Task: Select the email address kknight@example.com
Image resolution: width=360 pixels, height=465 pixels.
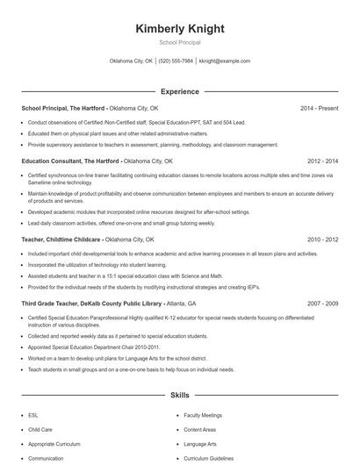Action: click(x=225, y=61)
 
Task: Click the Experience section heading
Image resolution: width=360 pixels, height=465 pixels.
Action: click(x=179, y=91)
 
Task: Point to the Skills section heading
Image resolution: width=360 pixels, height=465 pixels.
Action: click(x=179, y=396)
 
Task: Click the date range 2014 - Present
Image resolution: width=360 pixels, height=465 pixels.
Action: click(x=319, y=108)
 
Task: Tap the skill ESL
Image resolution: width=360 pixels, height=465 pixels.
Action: click(x=33, y=415)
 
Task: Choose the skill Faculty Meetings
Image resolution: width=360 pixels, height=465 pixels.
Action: click(x=203, y=415)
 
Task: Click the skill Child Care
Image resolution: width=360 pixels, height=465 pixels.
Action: click(x=40, y=430)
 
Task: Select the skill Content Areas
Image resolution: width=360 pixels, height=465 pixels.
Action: click(x=199, y=430)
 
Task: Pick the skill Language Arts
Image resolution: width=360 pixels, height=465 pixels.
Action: click(x=200, y=444)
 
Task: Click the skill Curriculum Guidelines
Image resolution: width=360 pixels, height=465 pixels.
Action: click(x=209, y=458)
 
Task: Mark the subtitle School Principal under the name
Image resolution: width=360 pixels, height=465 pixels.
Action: click(x=179, y=42)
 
